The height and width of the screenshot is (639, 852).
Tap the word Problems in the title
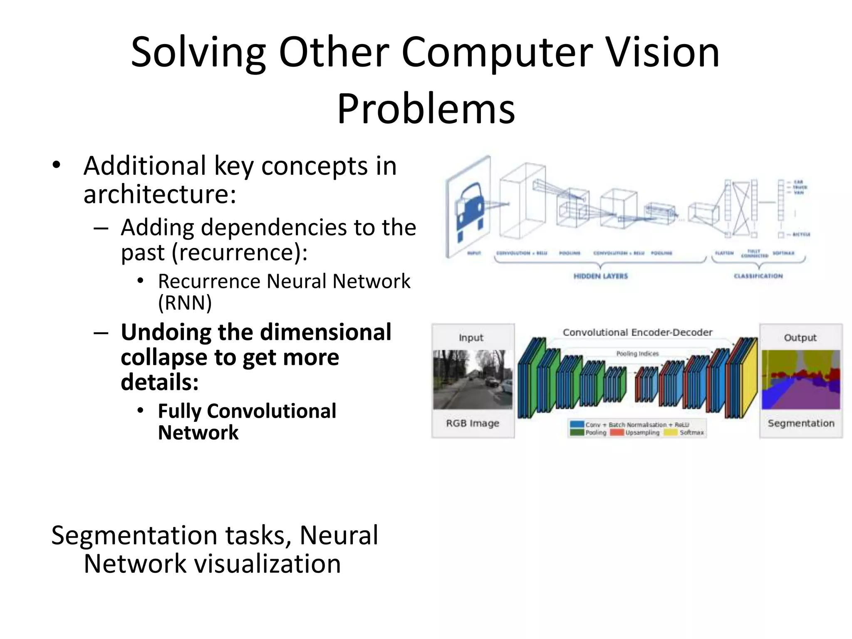[x=426, y=109]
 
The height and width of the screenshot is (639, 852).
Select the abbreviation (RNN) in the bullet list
[x=185, y=303]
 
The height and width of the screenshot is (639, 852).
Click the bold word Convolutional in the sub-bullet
[x=271, y=411]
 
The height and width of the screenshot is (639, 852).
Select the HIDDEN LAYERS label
[x=600, y=276]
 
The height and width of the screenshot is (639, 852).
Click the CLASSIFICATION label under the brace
[x=758, y=276]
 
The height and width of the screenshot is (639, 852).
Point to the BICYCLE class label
[x=801, y=235]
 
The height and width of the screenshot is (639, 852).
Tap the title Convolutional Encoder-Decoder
[x=637, y=332]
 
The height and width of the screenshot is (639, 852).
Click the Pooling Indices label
[x=637, y=354]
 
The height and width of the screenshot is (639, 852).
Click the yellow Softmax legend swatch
[x=671, y=433]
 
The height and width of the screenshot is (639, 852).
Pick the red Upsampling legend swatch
[x=617, y=433]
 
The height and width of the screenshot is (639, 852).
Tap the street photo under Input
[x=473, y=379]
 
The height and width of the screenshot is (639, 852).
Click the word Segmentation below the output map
[x=801, y=423]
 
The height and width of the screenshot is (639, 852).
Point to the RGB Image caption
[x=473, y=423]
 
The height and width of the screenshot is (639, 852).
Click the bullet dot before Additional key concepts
[x=57, y=165]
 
